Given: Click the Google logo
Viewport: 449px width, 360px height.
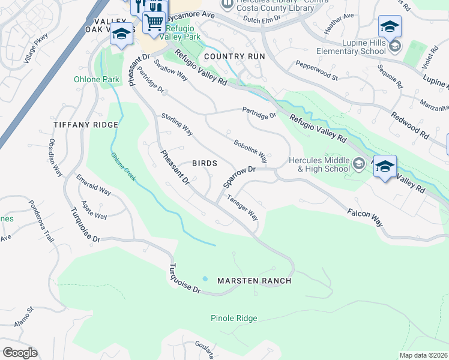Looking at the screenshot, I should (x=20, y=353).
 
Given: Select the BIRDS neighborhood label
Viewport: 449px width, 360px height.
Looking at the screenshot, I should (x=204, y=163).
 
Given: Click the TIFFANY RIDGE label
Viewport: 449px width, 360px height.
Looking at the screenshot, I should (x=86, y=124).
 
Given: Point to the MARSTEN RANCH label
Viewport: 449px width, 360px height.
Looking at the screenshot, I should (x=254, y=281).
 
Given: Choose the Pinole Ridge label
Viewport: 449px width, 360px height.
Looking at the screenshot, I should (x=234, y=318).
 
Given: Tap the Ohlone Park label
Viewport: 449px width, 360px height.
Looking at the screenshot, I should (x=96, y=79).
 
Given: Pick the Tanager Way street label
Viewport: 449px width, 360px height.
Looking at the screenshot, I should (x=243, y=207).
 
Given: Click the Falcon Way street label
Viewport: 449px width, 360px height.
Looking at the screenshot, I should (x=364, y=217).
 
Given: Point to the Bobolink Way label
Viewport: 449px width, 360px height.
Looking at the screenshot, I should (x=250, y=152).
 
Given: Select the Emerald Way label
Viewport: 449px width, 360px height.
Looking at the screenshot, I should (x=93, y=185).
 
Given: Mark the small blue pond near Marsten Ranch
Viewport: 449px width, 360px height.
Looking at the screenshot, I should (x=205, y=279).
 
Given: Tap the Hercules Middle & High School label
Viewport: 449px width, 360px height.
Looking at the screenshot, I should (x=319, y=164).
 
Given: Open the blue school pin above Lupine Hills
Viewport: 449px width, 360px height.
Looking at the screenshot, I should (x=390, y=27).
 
